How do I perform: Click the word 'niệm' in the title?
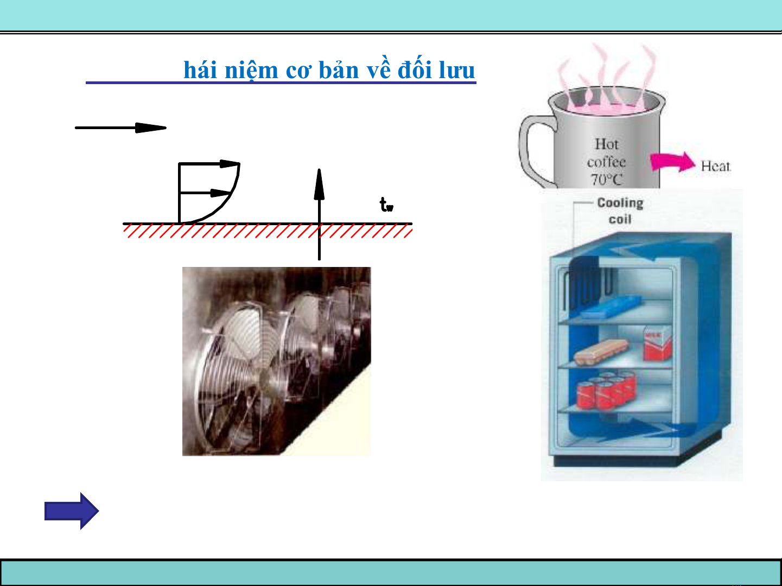click(x=251, y=70)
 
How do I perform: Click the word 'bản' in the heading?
click(x=339, y=70)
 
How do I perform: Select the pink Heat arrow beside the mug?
click(x=672, y=162)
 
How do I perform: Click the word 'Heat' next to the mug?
click(x=715, y=166)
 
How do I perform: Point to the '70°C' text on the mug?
click(x=606, y=180)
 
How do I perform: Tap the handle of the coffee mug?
click(x=531, y=150)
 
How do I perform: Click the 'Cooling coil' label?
click(x=620, y=211)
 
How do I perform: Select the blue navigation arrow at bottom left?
click(x=71, y=511)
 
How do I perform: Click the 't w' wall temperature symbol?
click(x=386, y=205)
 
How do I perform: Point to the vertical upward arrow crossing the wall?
click(x=319, y=214)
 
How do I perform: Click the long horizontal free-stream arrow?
click(x=121, y=128)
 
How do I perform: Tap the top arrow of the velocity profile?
click(x=209, y=163)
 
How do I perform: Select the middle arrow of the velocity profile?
click(x=205, y=193)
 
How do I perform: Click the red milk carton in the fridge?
click(x=657, y=344)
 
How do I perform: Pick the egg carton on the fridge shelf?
click(x=601, y=352)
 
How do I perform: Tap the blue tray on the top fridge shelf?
click(x=611, y=307)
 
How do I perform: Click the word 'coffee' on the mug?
click(x=606, y=162)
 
